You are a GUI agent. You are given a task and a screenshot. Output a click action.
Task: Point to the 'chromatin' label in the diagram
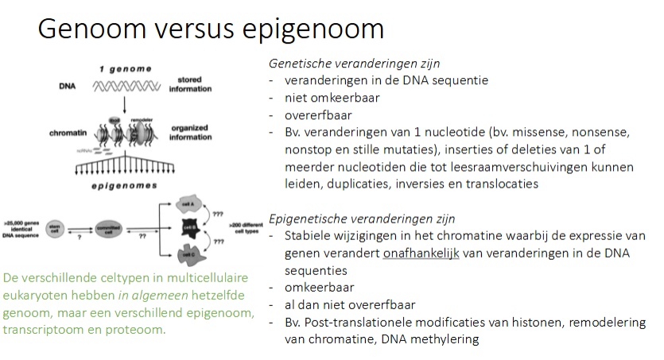point(63,130)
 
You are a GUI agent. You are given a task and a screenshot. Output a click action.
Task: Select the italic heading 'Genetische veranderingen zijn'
point(354,63)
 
